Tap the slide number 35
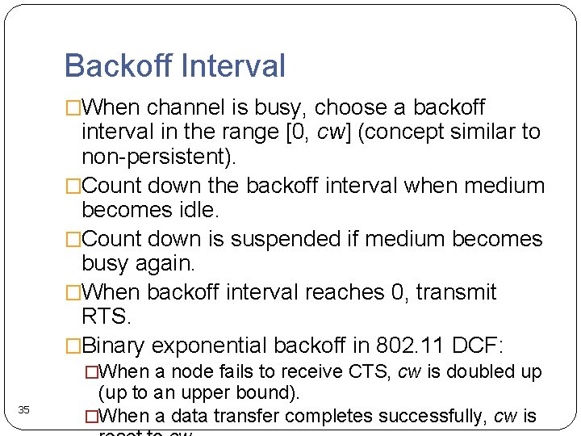tap(24, 410)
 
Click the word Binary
tap(113, 346)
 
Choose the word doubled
tap(478, 371)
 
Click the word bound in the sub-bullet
tap(271, 393)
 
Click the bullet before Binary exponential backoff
tap(73, 346)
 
